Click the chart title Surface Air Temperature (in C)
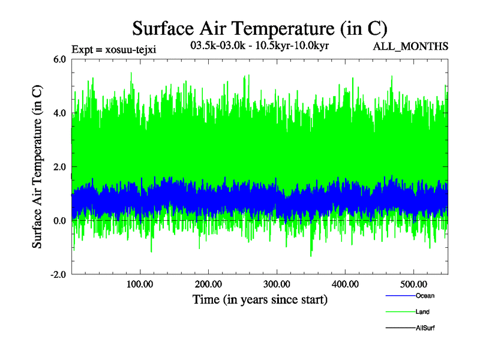(259, 28)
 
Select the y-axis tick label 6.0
(60, 59)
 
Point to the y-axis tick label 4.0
(60, 113)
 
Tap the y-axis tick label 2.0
(60, 167)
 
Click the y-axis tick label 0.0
(60, 221)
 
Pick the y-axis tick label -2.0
(58, 275)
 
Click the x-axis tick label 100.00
(140, 284)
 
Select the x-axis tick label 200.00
(208, 284)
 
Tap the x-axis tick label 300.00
(277, 284)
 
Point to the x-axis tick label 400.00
(346, 284)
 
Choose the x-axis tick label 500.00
(414, 284)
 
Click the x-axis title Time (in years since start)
(260, 299)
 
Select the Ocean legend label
(425, 296)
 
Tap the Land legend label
(422, 312)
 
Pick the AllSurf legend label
(425, 328)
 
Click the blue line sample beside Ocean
(400, 296)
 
